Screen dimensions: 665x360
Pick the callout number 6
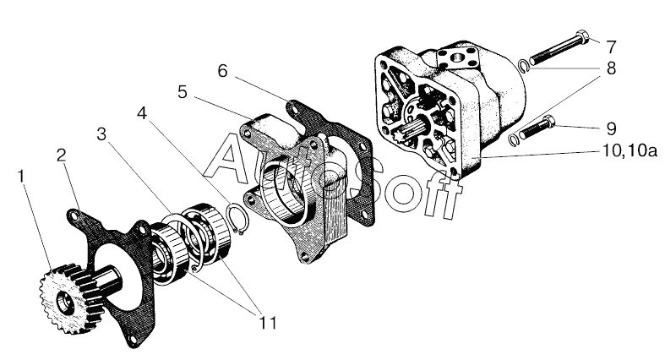tap(222, 70)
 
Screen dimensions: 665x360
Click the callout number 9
tap(611, 129)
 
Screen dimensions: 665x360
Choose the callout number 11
tap(268, 322)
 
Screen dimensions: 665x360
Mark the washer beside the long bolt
tap(524, 65)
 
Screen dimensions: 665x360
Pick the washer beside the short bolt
tap(516, 139)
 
